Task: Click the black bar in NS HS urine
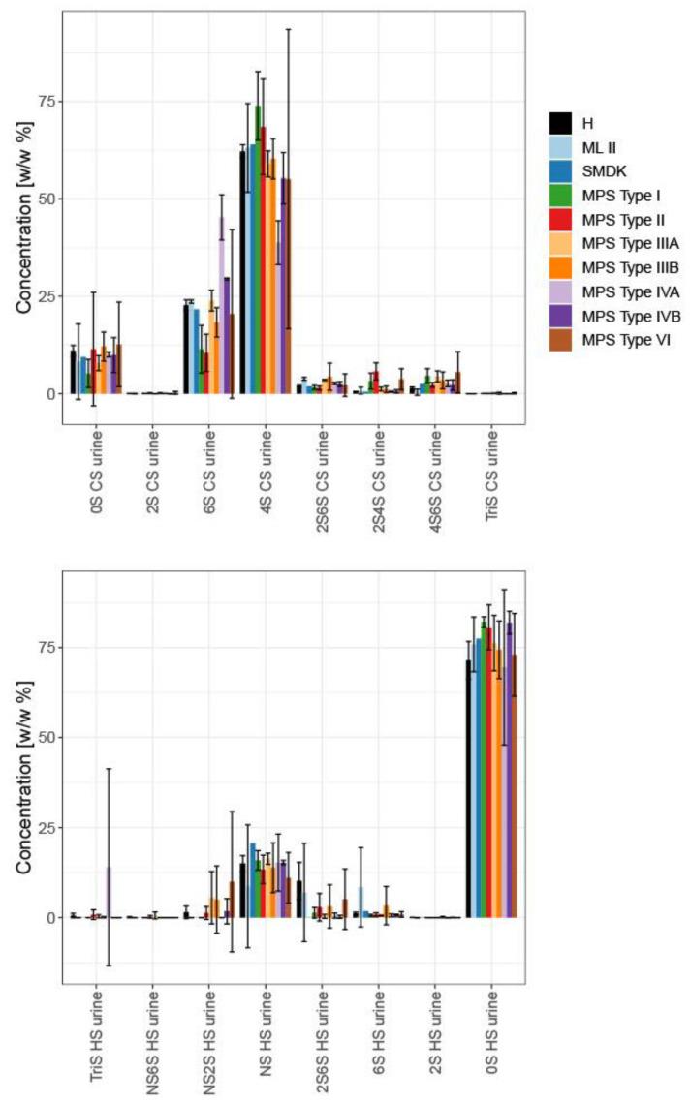(x=242, y=890)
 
